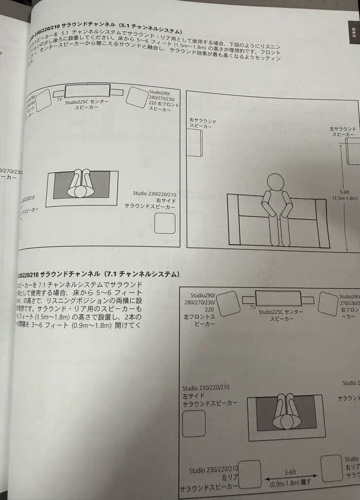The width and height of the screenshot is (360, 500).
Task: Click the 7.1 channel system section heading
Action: coord(97,275)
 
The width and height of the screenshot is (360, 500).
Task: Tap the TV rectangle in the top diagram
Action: coord(88,90)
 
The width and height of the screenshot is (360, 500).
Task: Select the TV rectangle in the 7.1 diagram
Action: coord(278,298)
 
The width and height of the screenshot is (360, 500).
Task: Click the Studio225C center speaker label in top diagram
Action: coord(87,104)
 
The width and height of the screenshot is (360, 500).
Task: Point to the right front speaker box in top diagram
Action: coord(136,96)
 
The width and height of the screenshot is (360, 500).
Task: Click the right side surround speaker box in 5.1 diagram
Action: coord(164,223)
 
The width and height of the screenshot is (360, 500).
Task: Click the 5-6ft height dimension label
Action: coord(345,195)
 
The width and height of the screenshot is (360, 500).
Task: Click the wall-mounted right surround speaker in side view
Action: coord(194,143)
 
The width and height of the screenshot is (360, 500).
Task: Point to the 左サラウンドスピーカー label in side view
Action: coord(343,131)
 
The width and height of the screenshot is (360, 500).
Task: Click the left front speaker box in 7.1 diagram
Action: coord(229,304)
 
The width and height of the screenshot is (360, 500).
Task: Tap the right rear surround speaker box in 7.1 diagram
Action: coord(331,468)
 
